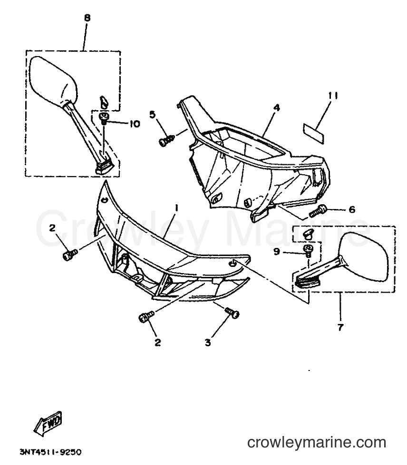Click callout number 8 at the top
pyautogui.click(x=87, y=18)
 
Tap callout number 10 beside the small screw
pyautogui.click(x=135, y=123)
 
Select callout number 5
pyautogui.click(x=152, y=114)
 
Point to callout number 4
pyautogui.click(x=276, y=108)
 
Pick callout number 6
pyautogui.click(x=352, y=209)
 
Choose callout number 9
pyautogui.click(x=277, y=252)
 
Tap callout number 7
pyautogui.click(x=340, y=327)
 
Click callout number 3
pyautogui.click(x=208, y=342)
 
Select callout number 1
pyautogui.click(x=176, y=209)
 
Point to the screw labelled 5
pyautogui.click(x=167, y=140)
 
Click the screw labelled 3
pyautogui.click(x=232, y=313)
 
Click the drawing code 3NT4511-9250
pyautogui.click(x=50, y=452)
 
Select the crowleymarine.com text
pyautogui.click(x=317, y=443)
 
